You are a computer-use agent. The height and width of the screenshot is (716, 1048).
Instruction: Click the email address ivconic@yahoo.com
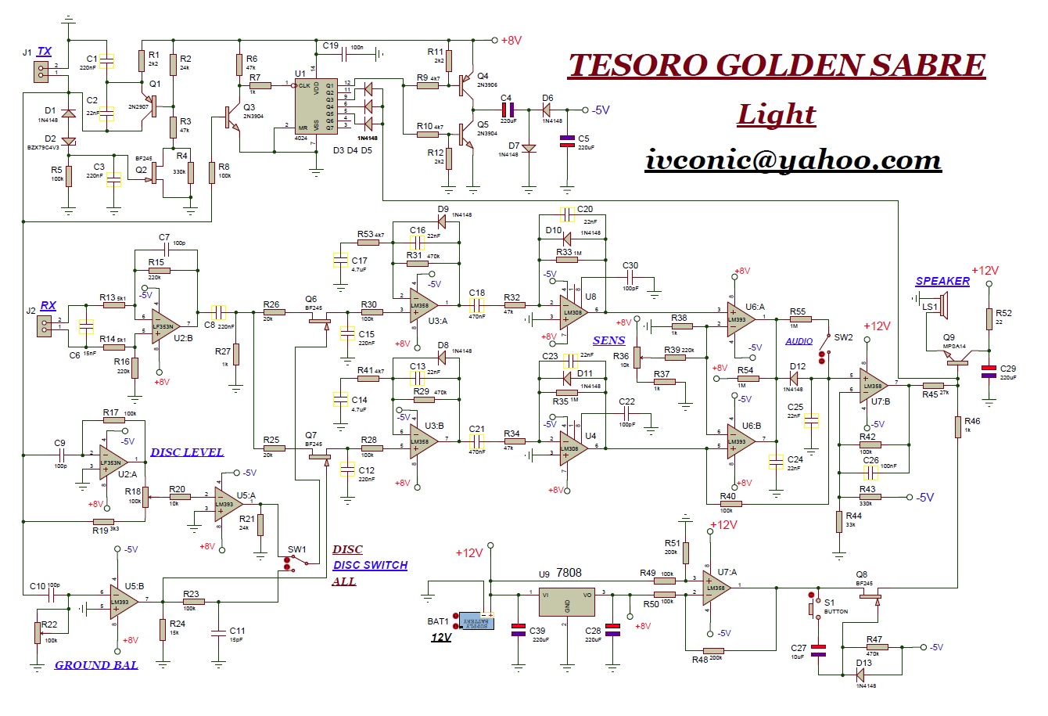pos(793,160)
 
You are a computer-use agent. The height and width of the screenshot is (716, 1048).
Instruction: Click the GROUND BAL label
pos(96,665)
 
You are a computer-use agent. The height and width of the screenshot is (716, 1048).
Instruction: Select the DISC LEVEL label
pos(187,452)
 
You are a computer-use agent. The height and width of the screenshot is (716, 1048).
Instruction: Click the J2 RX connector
pos(43,326)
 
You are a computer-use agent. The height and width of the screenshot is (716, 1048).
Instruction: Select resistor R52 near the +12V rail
pos(989,319)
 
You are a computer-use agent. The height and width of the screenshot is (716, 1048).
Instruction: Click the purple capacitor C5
pos(567,142)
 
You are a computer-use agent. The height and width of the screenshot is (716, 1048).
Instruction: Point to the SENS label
pos(608,340)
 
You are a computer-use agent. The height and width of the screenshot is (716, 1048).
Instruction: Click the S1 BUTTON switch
pos(811,606)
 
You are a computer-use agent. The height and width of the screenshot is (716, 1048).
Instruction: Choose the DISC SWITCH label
pos(370,565)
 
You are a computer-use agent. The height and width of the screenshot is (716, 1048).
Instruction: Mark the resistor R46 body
pos(958,427)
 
